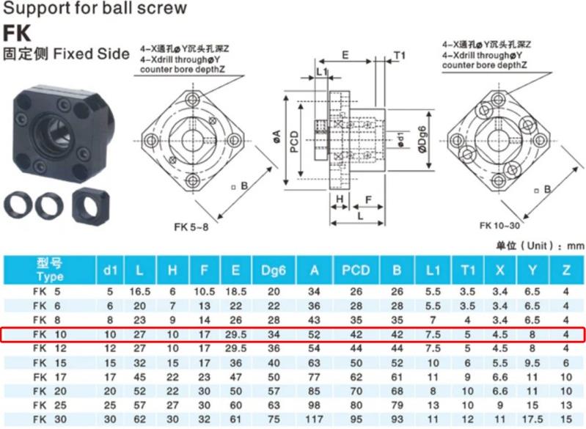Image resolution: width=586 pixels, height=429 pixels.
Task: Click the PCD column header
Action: (356, 270)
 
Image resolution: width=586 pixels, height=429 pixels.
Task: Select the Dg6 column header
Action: (274, 270)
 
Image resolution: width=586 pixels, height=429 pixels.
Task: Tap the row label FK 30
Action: (50, 419)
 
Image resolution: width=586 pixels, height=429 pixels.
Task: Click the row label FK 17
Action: (50, 377)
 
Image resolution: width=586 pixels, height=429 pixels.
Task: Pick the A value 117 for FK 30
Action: (314, 419)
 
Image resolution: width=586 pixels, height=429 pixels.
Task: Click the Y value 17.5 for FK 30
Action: (532, 419)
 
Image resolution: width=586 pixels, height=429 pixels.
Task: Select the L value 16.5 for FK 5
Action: (140, 291)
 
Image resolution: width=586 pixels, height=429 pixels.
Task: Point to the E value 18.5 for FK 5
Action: (235, 291)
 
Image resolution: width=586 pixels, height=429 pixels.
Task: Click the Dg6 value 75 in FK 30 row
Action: (274, 419)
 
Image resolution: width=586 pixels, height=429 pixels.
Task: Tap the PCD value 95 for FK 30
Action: (356, 419)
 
